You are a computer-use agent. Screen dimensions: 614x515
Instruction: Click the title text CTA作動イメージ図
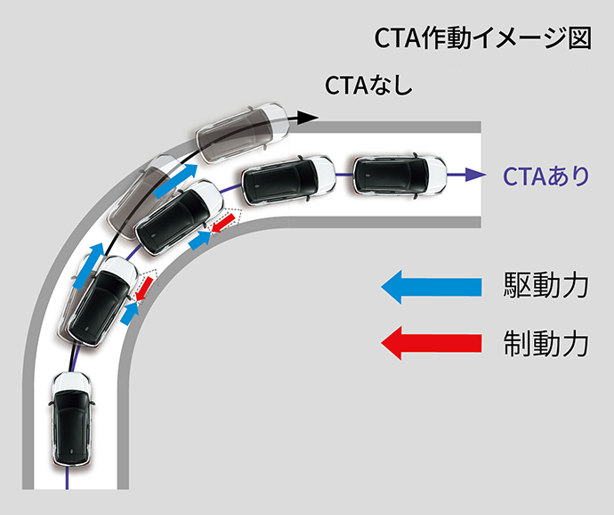coord(483,38)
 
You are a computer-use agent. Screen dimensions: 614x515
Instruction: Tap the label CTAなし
coord(369,85)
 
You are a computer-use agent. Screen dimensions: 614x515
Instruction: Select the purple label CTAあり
coord(545,176)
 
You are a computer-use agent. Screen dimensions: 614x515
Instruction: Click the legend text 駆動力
coord(545,285)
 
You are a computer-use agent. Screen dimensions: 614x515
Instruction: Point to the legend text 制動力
coord(545,343)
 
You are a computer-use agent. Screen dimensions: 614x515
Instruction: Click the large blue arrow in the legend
coord(432,287)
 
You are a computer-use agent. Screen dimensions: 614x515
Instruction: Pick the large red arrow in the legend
coord(432,343)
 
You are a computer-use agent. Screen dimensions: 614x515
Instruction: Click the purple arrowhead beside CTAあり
coord(475,174)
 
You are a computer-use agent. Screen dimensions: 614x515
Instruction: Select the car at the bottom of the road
coord(71,419)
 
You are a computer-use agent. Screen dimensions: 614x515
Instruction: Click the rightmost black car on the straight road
coord(400,176)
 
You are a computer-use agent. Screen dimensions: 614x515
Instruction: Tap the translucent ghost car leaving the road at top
coord(243,133)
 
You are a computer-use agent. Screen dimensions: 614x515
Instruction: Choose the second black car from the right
coord(288,181)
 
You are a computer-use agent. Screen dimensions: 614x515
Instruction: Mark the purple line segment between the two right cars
coord(344,175)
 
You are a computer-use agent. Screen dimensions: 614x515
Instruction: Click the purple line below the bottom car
coord(68,478)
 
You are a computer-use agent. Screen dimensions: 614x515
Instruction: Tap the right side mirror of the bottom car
coord(93,403)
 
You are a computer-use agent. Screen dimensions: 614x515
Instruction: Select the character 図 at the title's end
coord(579,38)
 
